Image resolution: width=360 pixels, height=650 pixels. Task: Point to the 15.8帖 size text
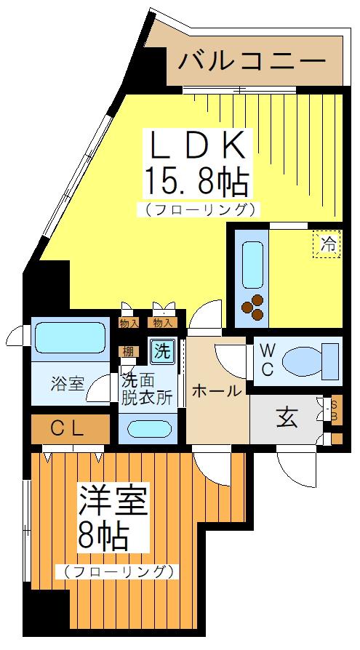coord(196,181)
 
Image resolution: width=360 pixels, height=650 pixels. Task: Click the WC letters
coord(267,360)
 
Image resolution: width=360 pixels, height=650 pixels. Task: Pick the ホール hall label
coord(216,391)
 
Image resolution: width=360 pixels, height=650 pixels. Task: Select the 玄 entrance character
coord(284,419)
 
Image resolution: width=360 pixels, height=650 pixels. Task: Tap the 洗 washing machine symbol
coord(162,352)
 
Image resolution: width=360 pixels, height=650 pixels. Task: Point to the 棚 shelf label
coord(128,352)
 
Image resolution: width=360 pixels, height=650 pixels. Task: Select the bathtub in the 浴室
coord(69,337)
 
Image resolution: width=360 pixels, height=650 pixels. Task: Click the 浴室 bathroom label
coord(67,383)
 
